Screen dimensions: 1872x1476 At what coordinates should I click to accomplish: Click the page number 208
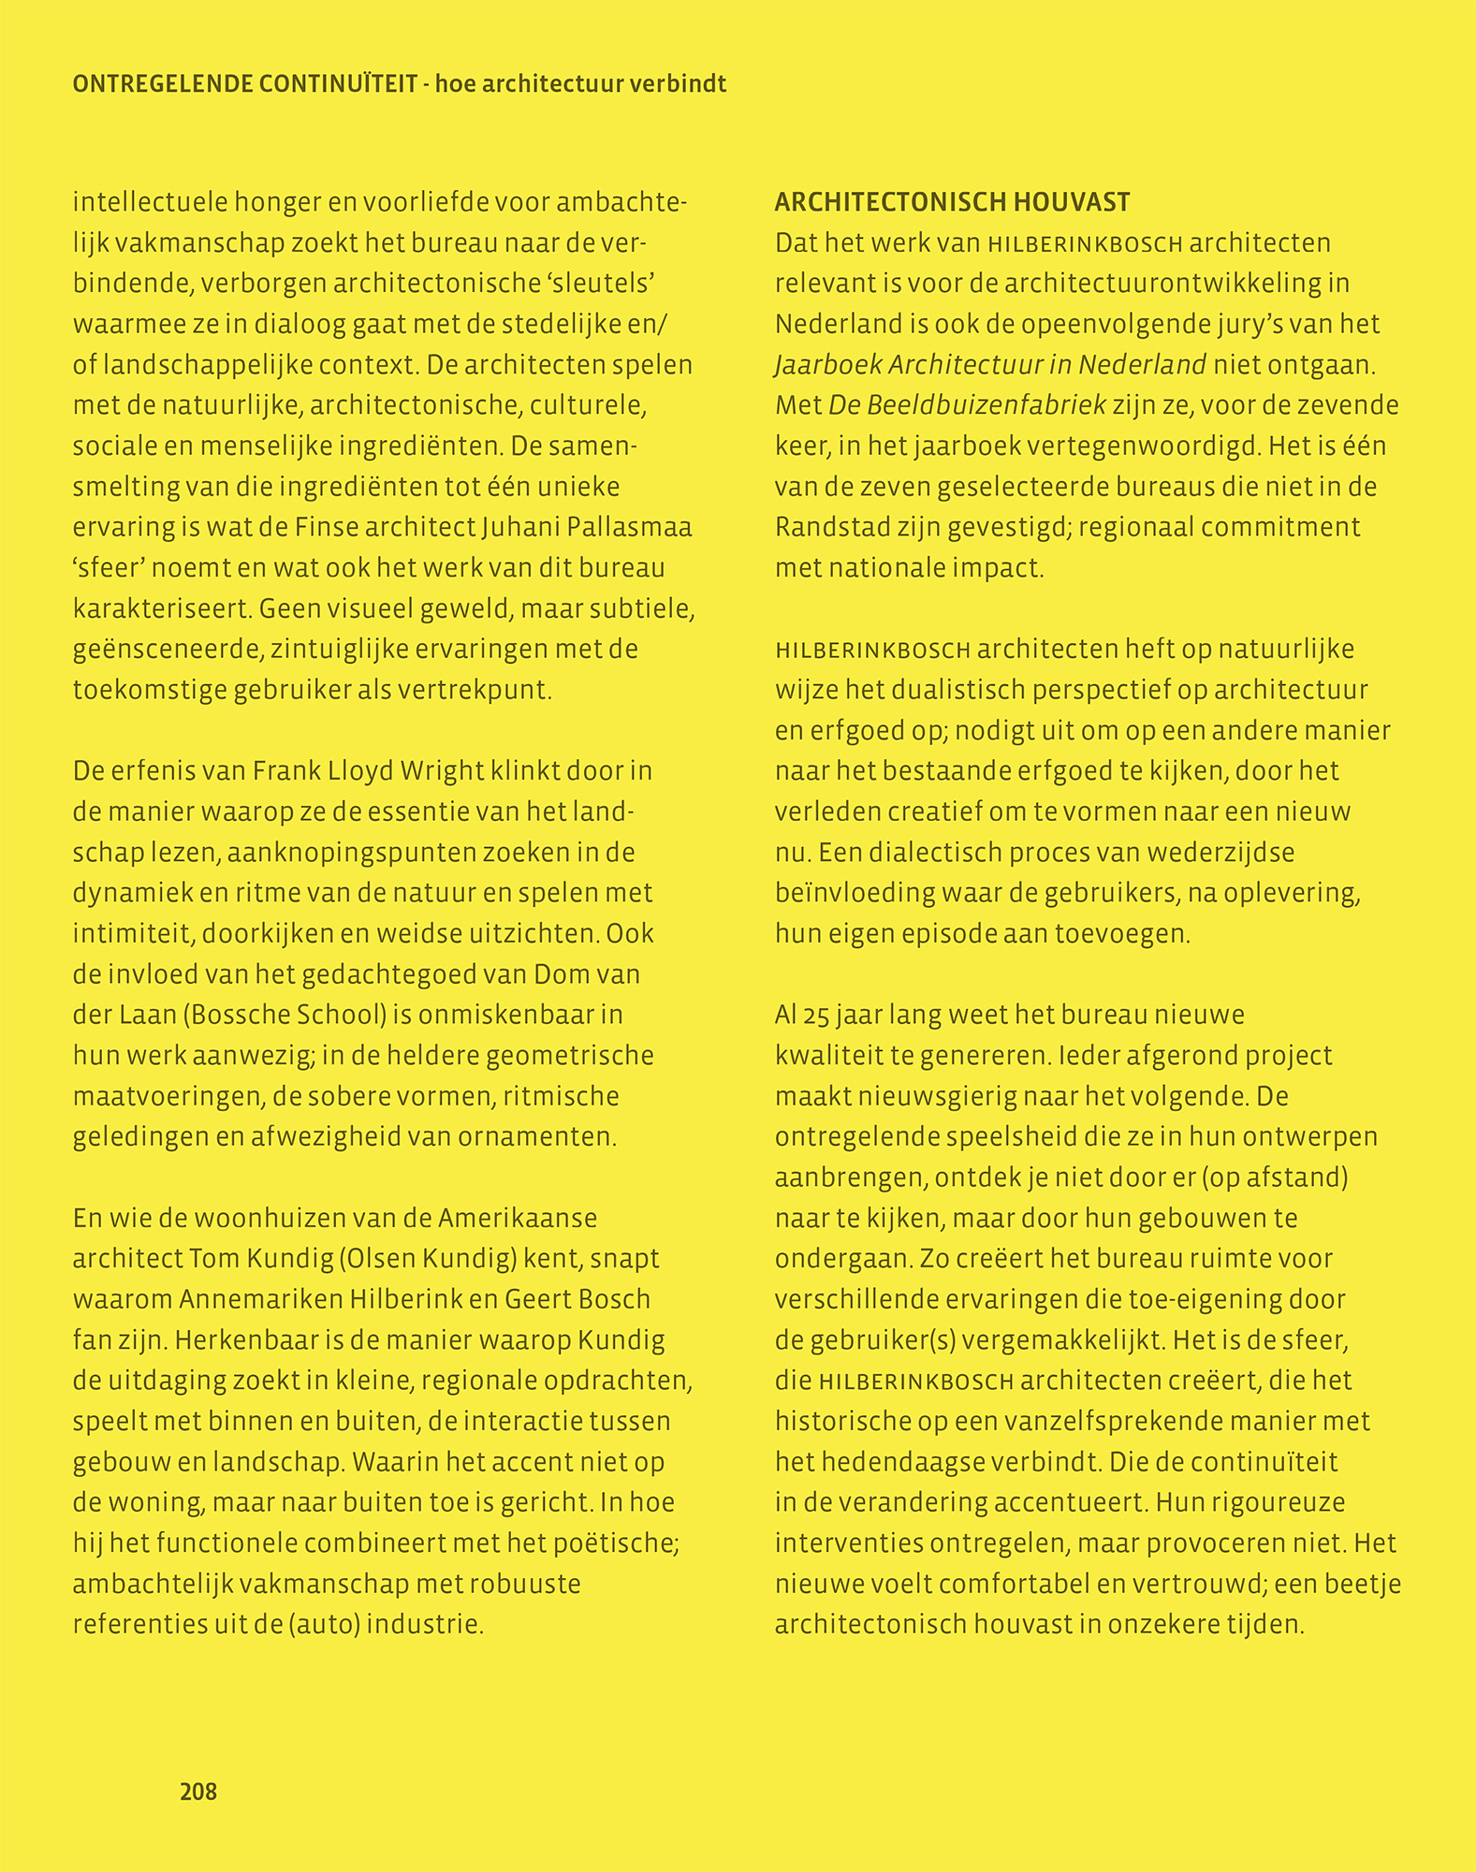coord(198,1792)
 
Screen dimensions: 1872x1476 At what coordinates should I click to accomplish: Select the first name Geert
coord(539,1299)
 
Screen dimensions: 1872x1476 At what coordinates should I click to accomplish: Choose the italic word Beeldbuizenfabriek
coord(968,405)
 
